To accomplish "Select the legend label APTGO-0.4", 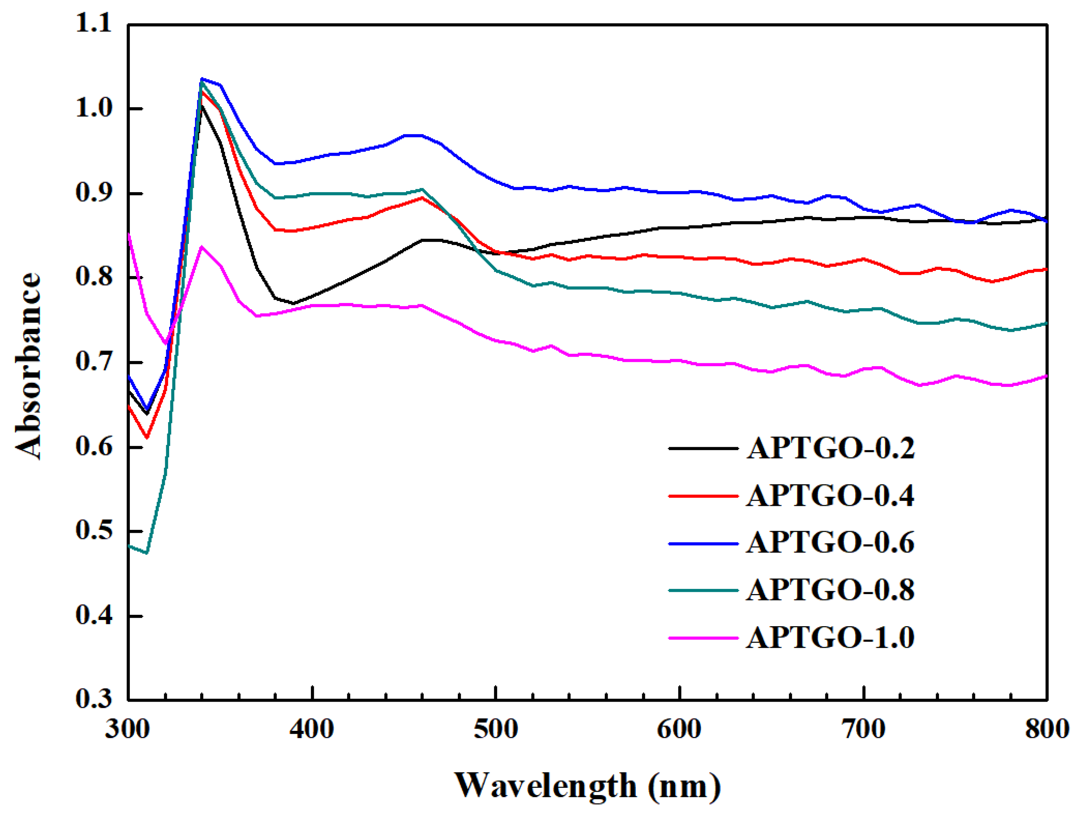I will click(x=830, y=496).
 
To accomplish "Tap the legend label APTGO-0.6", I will click(x=830, y=543).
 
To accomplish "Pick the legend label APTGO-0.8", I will click(x=830, y=590).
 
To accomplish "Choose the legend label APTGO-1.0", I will click(x=830, y=637).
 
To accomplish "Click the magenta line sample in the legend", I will click(x=703, y=637).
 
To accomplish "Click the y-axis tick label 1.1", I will click(x=94, y=23).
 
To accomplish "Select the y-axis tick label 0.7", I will click(x=94, y=362).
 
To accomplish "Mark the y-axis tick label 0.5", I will click(x=94, y=531).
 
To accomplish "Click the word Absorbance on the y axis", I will click(x=28, y=366).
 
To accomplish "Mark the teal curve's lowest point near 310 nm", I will click(x=146, y=553).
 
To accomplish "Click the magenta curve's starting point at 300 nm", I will click(x=129, y=235).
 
